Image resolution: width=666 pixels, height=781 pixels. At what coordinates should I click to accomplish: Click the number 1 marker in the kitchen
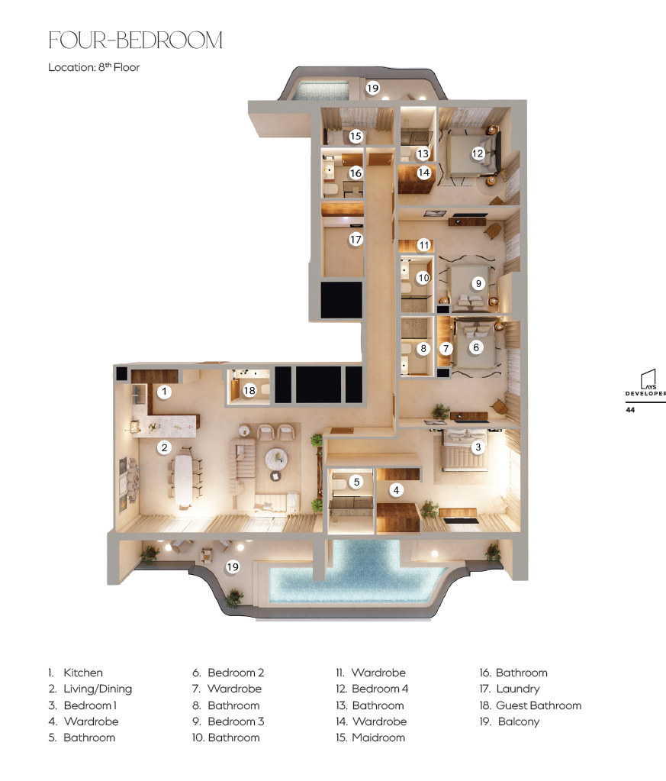click(x=164, y=392)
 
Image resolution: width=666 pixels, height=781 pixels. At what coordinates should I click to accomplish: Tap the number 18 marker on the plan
click(x=249, y=391)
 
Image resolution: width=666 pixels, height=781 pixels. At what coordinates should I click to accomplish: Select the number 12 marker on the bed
click(x=478, y=153)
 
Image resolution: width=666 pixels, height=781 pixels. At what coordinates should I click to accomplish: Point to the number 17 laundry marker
click(x=356, y=240)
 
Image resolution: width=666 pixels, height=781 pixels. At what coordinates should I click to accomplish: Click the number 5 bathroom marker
click(x=356, y=482)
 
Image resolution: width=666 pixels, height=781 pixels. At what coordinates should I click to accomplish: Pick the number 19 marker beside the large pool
click(x=233, y=566)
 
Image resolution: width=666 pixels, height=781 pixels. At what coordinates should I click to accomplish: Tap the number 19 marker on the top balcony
click(x=373, y=88)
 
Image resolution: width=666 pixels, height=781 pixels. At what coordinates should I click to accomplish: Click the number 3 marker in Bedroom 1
click(x=478, y=447)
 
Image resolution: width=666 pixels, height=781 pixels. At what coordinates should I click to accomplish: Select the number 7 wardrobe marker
click(x=446, y=349)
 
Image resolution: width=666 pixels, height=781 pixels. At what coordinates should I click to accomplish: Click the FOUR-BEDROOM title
click(x=135, y=40)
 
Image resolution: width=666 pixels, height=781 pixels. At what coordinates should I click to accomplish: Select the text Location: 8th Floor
click(x=94, y=67)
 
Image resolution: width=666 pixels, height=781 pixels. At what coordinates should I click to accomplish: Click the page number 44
click(x=630, y=410)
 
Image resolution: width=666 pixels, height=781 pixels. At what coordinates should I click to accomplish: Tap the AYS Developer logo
click(x=646, y=383)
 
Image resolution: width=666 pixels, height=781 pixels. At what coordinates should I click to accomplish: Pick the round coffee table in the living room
click(x=275, y=458)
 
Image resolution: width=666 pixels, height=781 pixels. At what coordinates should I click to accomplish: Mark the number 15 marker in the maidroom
click(x=356, y=136)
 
